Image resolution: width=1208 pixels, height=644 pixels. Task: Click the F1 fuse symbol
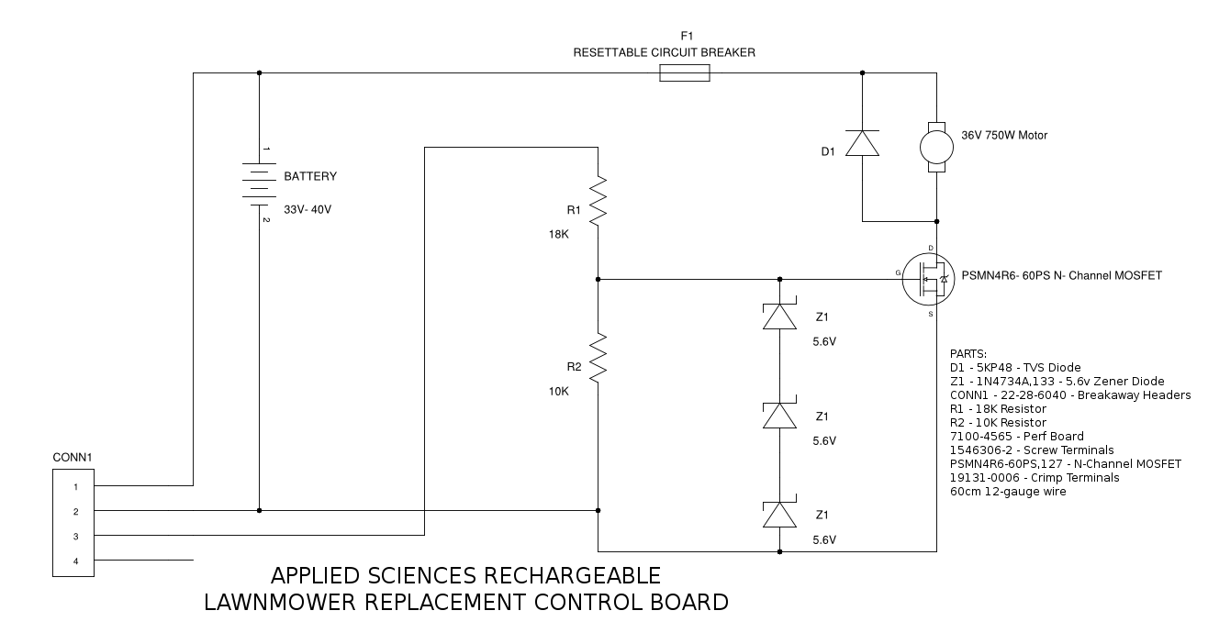coord(684,72)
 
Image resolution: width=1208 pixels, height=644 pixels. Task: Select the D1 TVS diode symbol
coord(862,144)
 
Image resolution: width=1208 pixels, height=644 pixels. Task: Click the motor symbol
coord(936,146)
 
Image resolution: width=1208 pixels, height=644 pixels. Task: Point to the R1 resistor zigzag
coord(598,203)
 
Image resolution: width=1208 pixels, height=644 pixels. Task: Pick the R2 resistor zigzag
coord(598,358)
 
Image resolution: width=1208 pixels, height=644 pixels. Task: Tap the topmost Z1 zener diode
coord(779,316)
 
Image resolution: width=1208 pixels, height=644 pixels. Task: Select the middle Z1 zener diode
coord(779,416)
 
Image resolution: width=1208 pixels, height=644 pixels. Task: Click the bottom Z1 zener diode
coord(779,515)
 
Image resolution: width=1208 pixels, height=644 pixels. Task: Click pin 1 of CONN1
coord(75,486)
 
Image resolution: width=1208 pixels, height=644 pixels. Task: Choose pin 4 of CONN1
coord(75,561)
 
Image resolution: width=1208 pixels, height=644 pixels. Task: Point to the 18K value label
coord(559,235)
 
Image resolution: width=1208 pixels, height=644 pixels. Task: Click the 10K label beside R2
coord(559,391)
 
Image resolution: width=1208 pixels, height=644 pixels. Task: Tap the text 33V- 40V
coord(308,210)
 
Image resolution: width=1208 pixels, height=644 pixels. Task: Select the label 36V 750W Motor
coord(1004,136)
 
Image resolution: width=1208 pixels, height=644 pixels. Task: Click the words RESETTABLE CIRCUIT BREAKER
coord(664,53)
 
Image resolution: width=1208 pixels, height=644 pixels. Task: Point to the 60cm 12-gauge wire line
coord(1008,492)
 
